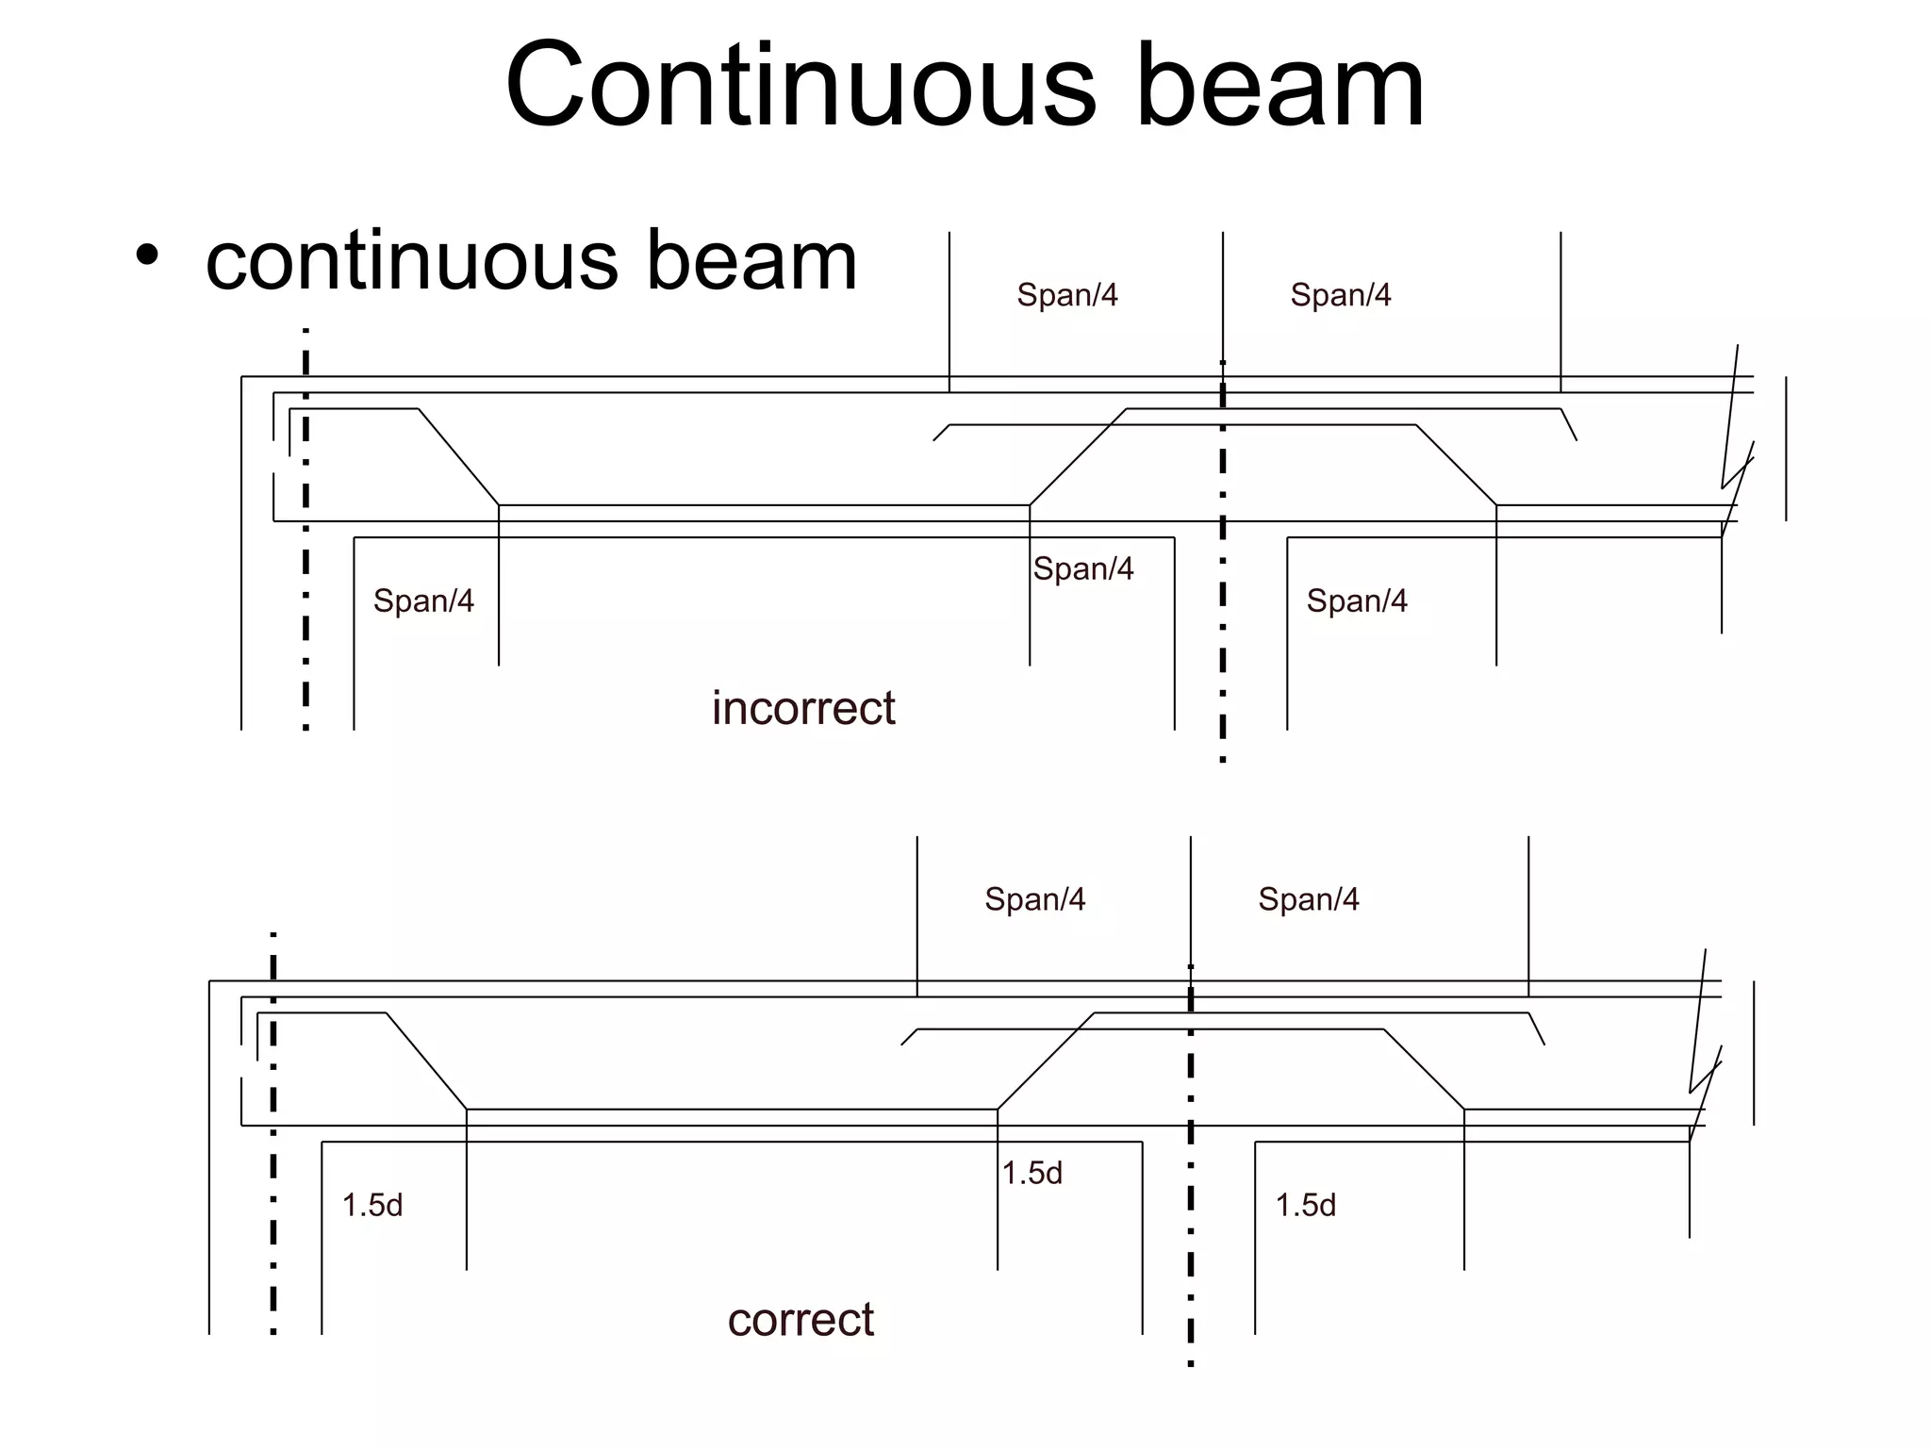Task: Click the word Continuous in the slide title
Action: (x=801, y=87)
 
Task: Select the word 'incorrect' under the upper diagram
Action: (x=802, y=708)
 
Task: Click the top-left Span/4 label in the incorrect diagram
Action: (x=1066, y=295)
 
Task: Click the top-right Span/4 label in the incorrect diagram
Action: (x=1340, y=295)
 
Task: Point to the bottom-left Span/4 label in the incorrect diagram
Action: (x=423, y=601)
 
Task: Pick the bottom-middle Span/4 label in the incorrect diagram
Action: (x=1082, y=568)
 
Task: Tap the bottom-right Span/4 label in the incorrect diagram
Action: (x=1356, y=601)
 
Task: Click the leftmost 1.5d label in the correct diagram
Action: (x=372, y=1205)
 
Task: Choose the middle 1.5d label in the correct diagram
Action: (x=1032, y=1173)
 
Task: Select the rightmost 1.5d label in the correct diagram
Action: (x=1305, y=1205)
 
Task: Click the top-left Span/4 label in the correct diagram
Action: (x=1034, y=899)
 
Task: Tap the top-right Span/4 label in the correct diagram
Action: (x=1308, y=899)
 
